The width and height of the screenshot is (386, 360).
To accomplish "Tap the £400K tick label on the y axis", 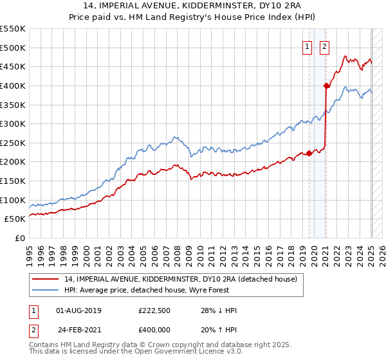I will point(14,85).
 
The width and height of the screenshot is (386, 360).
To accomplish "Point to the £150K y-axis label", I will point(14,181).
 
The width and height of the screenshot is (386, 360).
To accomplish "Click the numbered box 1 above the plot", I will point(308,46).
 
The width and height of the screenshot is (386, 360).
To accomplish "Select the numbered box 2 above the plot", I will point(324,46).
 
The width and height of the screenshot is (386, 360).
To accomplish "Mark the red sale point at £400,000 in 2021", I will point(326,85).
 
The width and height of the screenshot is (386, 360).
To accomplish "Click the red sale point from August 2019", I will point(309,153).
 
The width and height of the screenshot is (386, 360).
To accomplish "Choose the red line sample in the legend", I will point(45,280).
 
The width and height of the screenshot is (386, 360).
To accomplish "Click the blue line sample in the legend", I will point(45,291).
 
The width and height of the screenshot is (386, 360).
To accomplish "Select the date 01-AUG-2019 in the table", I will point(78,310).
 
